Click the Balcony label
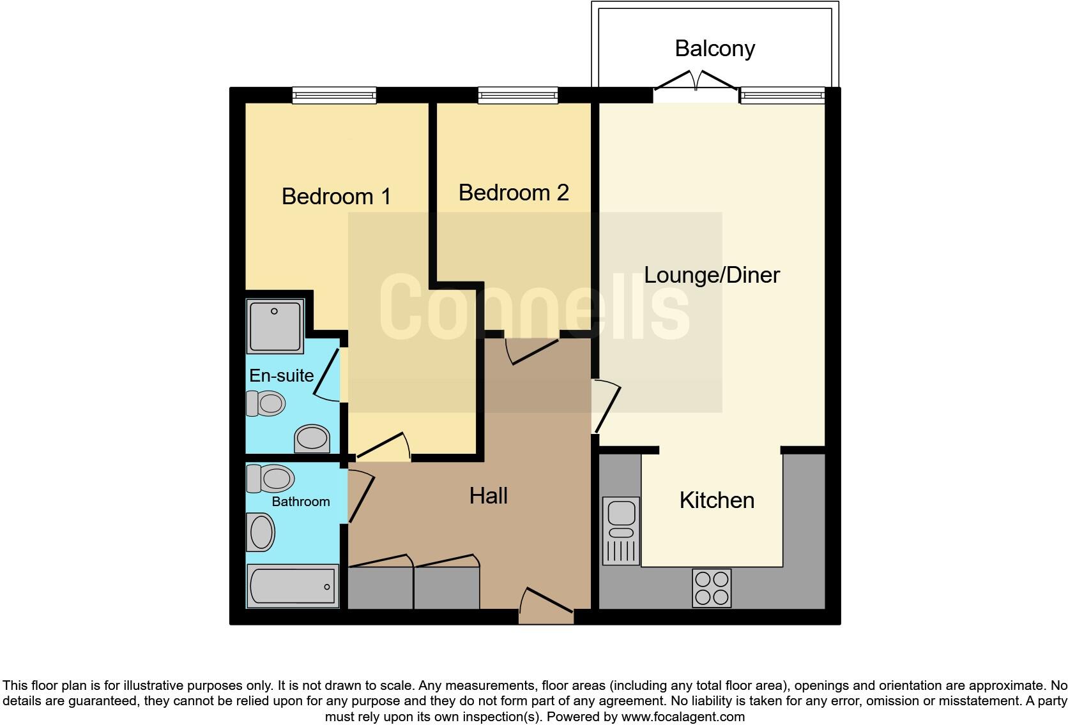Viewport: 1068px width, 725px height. tap(714, 49)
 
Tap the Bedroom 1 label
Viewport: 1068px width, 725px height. tap(336, 196)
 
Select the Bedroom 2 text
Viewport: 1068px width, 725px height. tap(513, 192)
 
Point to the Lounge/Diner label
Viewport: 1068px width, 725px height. tap(712, 275)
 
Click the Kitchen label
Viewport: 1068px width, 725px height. tap(717, 500)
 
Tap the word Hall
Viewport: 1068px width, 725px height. tap(488, 495)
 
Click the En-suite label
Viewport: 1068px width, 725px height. tap(281, 375)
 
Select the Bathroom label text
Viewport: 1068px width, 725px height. tap(300, 502)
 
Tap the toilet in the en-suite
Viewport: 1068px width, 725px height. tap(266, 403)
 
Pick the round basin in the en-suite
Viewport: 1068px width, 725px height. tap(312, 438)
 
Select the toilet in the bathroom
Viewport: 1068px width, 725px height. tap(270, 478)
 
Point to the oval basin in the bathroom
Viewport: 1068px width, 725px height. tap(261, 533)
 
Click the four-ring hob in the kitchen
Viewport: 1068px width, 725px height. tap(711, 588)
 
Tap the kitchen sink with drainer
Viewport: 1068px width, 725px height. tap(621, 530)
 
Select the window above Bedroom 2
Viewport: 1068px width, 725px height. tap(518, 95)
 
